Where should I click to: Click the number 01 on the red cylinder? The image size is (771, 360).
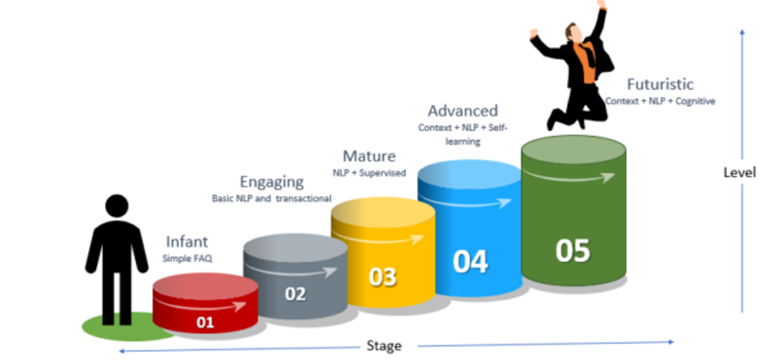[205, 322]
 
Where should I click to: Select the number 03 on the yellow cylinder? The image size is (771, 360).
[382, 277]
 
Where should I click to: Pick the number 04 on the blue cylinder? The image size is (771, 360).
[470, 262]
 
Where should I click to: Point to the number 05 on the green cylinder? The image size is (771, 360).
[572, 251]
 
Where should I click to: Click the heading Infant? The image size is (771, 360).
[187, 242]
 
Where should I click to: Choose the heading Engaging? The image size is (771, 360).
[271, 181]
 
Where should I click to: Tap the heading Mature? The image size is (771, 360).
[369, 155]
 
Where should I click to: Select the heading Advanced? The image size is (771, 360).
[463, 110]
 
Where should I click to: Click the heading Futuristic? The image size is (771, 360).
[660, 83]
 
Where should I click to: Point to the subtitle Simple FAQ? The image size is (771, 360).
[186, 258]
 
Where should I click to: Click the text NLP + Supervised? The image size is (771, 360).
[369, 173]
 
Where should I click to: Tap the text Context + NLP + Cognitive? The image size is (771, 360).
[660, 101]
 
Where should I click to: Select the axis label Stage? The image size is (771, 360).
[383, 346]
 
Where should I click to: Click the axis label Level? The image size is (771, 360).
[739, 172]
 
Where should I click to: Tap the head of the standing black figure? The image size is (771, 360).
[117, 206]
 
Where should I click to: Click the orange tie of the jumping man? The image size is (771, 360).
[585, 57]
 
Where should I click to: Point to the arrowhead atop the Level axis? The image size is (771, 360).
[742, 32]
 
